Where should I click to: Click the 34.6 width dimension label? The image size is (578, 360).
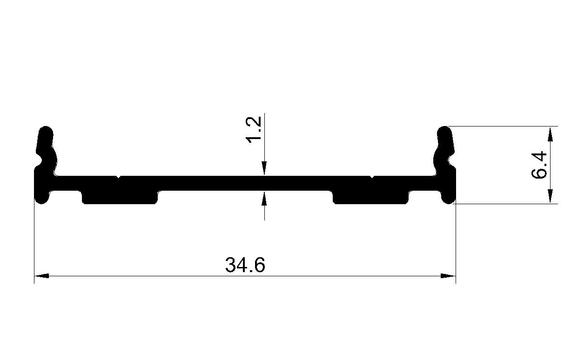click(245, 265)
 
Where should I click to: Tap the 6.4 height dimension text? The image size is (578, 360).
click(539, 165)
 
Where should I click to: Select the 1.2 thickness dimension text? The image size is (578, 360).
click(254, 130)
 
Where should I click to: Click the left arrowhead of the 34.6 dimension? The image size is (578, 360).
click(41, 276)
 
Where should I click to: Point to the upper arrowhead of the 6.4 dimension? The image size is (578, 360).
click(550, 134)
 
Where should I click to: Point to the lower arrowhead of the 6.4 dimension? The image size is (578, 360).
click(550, 196)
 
